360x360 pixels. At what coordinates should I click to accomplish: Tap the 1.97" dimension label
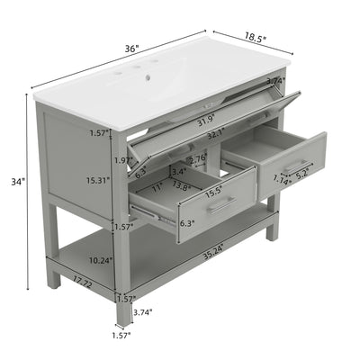124,160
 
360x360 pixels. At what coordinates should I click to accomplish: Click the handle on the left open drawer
221,205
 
